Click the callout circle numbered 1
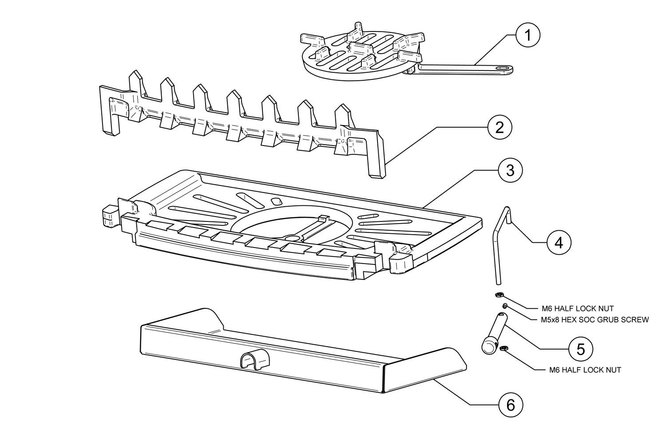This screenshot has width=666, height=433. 528,34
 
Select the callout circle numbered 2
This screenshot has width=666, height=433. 499,128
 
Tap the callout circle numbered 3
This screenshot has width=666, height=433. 510,170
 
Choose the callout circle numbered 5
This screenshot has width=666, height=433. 580,349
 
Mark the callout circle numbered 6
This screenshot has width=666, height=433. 510,404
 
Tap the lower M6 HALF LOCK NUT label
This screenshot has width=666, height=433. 584,370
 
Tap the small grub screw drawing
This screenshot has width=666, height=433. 505,306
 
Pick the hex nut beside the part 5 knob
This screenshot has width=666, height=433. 503,349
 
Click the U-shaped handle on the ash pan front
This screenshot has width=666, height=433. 251,361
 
